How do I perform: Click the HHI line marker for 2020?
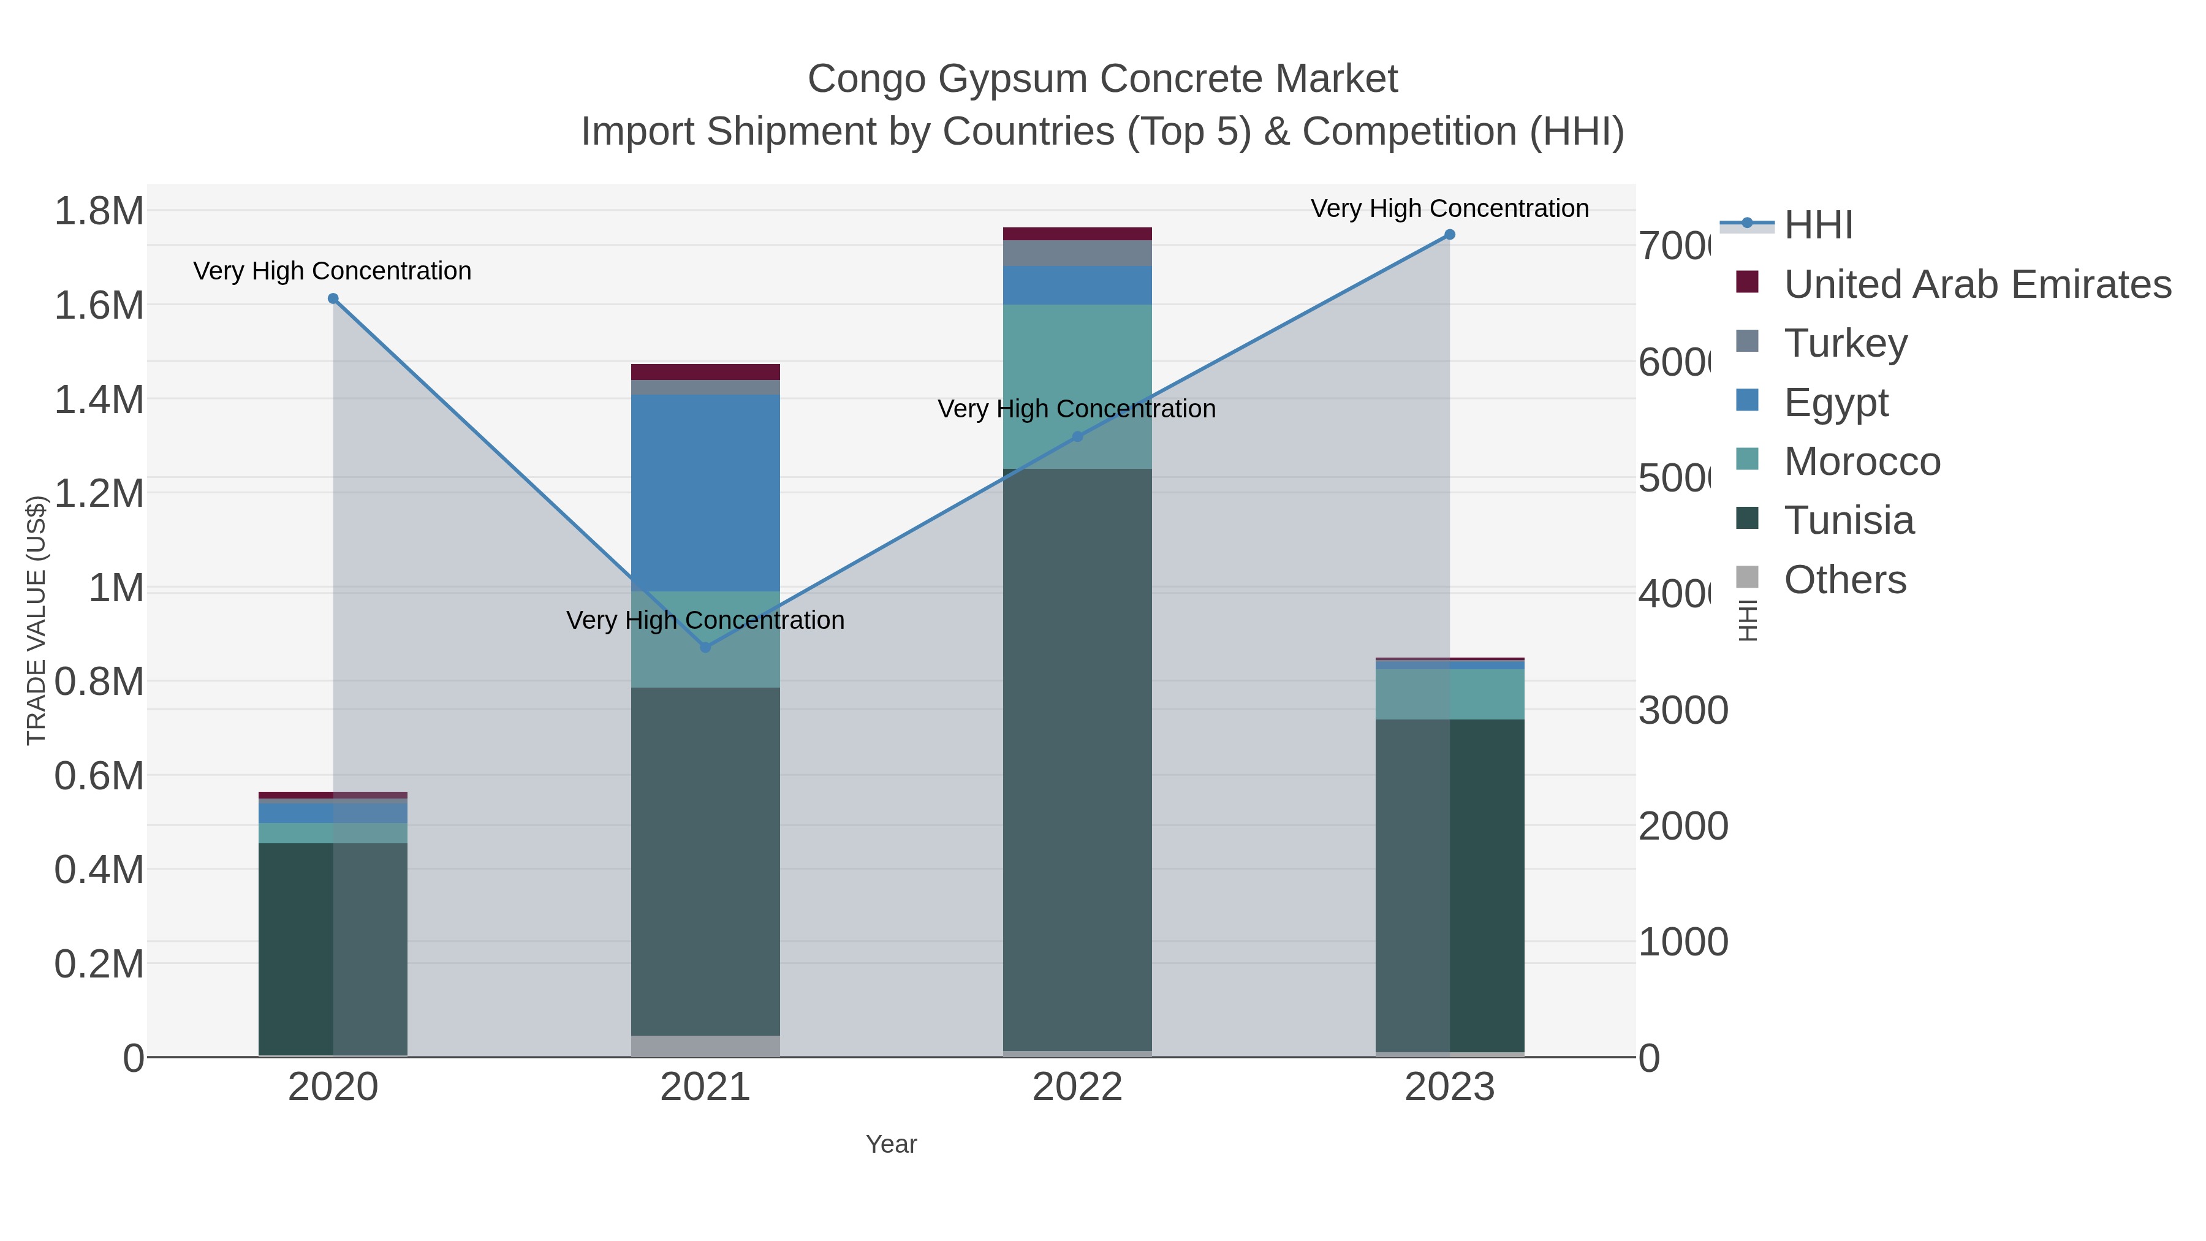pos(333,299)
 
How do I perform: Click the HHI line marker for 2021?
pos(706,648)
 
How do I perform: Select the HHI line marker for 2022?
pos(1077,437)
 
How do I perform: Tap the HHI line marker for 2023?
pos(1450,235)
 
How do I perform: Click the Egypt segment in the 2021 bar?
pos(706,493)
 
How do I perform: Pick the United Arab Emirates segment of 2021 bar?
pos(706,372)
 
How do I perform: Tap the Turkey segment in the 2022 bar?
pos(1077,254)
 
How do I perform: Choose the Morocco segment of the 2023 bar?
pos(1450,694)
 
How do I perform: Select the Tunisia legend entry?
pos(1848,521)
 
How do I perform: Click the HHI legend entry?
pos(1817,226)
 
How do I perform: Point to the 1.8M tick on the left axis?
pos(99,211)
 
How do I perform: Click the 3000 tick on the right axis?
pos(1683,711)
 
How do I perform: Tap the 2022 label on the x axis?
pos(1077,1088)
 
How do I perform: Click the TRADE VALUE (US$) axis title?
pos(36,620)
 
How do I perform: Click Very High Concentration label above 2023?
pos(1450,208)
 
